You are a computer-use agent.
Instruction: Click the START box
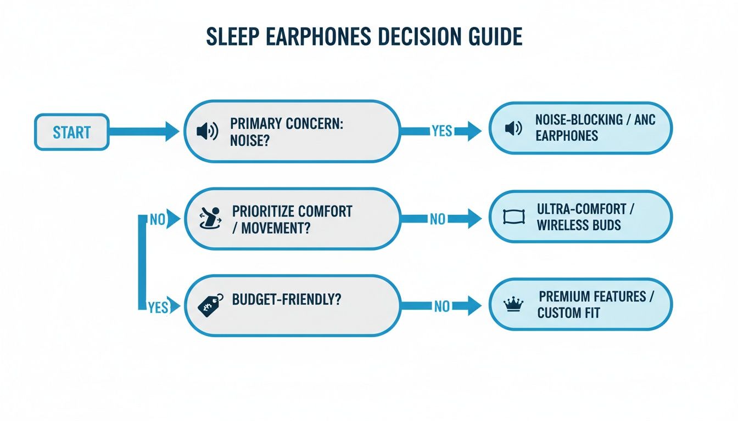click(71, 132)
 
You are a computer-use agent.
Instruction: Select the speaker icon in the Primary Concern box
click(207, 132)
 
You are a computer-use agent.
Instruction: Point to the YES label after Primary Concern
click(442, 131)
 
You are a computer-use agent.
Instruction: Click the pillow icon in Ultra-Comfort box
click(511, 217)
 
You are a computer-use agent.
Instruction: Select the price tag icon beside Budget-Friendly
click(210, 304)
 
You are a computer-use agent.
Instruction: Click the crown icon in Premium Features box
click(512, 305)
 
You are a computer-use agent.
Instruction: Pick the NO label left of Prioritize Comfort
click(158, 220)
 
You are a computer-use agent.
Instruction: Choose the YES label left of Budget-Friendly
click(158, 308)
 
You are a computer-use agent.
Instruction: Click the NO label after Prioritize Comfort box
click(438, 219)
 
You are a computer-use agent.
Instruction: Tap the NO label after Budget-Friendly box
click(441, 306)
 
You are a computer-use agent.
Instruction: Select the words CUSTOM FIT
click(568, 313)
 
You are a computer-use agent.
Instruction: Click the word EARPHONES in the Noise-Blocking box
click(567, 135)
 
